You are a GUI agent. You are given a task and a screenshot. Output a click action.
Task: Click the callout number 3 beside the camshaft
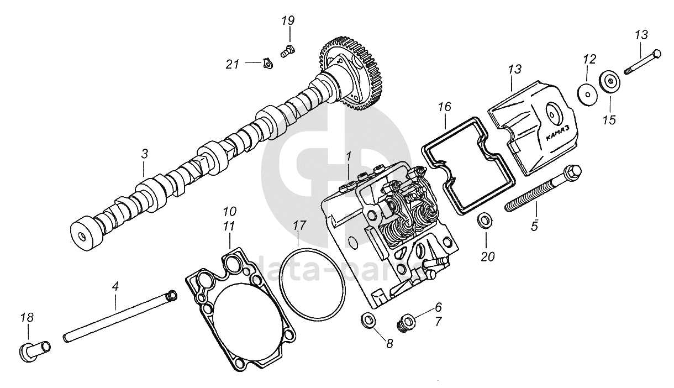tap(144, 154)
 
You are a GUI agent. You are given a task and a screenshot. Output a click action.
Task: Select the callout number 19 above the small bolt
tap(288, 22)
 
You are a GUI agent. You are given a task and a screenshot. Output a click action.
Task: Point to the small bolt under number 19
tap(287, 51)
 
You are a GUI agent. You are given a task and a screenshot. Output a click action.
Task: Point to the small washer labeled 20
tap(485, 220)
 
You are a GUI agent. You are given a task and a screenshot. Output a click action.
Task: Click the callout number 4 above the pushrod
tap(115, 287)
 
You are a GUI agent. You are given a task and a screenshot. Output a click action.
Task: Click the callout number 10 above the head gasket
tap(230, 212)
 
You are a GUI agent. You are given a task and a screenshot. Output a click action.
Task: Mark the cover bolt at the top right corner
tap(643, 62)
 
